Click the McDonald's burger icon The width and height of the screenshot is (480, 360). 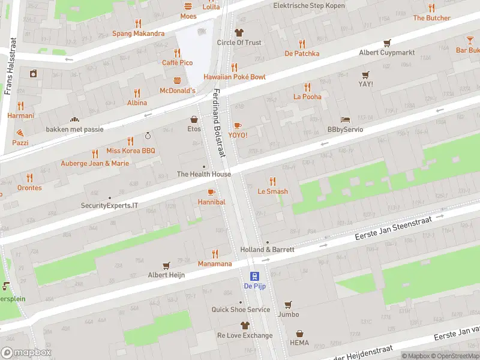click(177, 80)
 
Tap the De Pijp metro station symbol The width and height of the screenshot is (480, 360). click(255, 276)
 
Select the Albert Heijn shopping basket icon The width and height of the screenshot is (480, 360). click(166, 265)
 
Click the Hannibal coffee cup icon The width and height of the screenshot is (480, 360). click(211, 192)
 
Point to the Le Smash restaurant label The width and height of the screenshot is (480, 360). click(272, 191)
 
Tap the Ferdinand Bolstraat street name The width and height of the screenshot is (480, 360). click(218, 123)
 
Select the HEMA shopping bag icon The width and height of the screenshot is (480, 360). click(299, 334)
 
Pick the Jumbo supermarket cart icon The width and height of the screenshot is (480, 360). click(288, 304)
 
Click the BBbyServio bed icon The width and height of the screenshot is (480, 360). click(345, 119)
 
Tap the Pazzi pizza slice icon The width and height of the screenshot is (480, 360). click(20, 133)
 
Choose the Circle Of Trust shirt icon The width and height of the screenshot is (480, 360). click(239, 32)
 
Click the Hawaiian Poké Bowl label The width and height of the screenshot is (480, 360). click(234, 77)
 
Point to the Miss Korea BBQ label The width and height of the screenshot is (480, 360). click(130, 151)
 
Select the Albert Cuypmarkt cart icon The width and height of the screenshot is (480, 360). click(387, 43)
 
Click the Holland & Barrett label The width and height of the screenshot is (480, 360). click(267, 249)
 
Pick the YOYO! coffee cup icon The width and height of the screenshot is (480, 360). click(238, 125)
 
